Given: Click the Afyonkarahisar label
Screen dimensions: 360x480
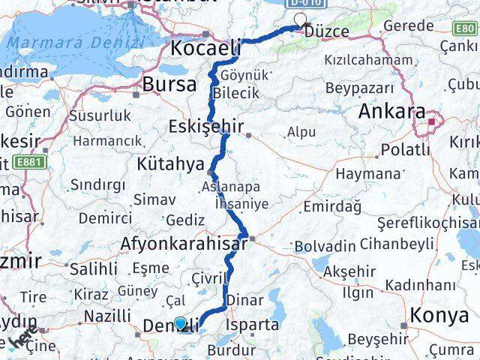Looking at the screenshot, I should (x=184, y=244).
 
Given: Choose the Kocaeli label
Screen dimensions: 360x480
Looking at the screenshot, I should (x=205, y=48).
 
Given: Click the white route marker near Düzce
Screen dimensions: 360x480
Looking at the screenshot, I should (x=301, y=21).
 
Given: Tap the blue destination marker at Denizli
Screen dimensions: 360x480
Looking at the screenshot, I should (x=181, y=324).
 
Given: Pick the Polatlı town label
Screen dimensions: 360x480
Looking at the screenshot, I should (x=405, y=150).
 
